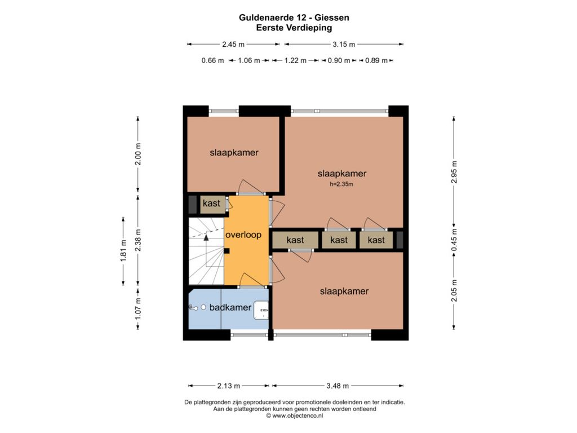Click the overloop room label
point(243,235)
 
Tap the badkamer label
point(230,307)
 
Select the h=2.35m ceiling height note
point(341,184)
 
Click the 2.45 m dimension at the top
point(233,44)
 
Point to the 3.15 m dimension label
point(344,44)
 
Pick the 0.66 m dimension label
point(212,60)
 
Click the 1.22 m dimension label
point(295,60)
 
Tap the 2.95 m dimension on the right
point(454,172)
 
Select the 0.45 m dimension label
point(454,240)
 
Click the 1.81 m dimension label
point(123,251)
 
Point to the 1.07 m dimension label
point(138,308)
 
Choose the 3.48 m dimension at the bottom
point(338,386)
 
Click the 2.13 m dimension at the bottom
point(229,386)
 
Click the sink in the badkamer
point(261,310)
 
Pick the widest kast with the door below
point(295,240)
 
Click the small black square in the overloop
point(227,251)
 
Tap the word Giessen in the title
point(332,17)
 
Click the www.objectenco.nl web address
point(298,416)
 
